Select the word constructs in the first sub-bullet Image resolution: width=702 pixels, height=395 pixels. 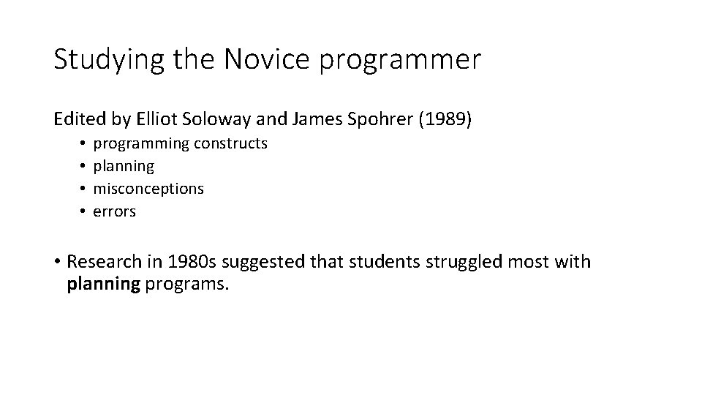pyautogui.click(x=231, y=143)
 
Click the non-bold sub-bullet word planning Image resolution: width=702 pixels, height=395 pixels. pyautogui.click(x=124, y=167)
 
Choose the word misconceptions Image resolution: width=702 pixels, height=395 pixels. pyautogui.click(x=149, y=189)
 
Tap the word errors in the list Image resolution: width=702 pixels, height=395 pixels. pyautogui.click(x=115, y=211)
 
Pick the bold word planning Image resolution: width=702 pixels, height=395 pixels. pyautogui.click(x=103, y=284)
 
